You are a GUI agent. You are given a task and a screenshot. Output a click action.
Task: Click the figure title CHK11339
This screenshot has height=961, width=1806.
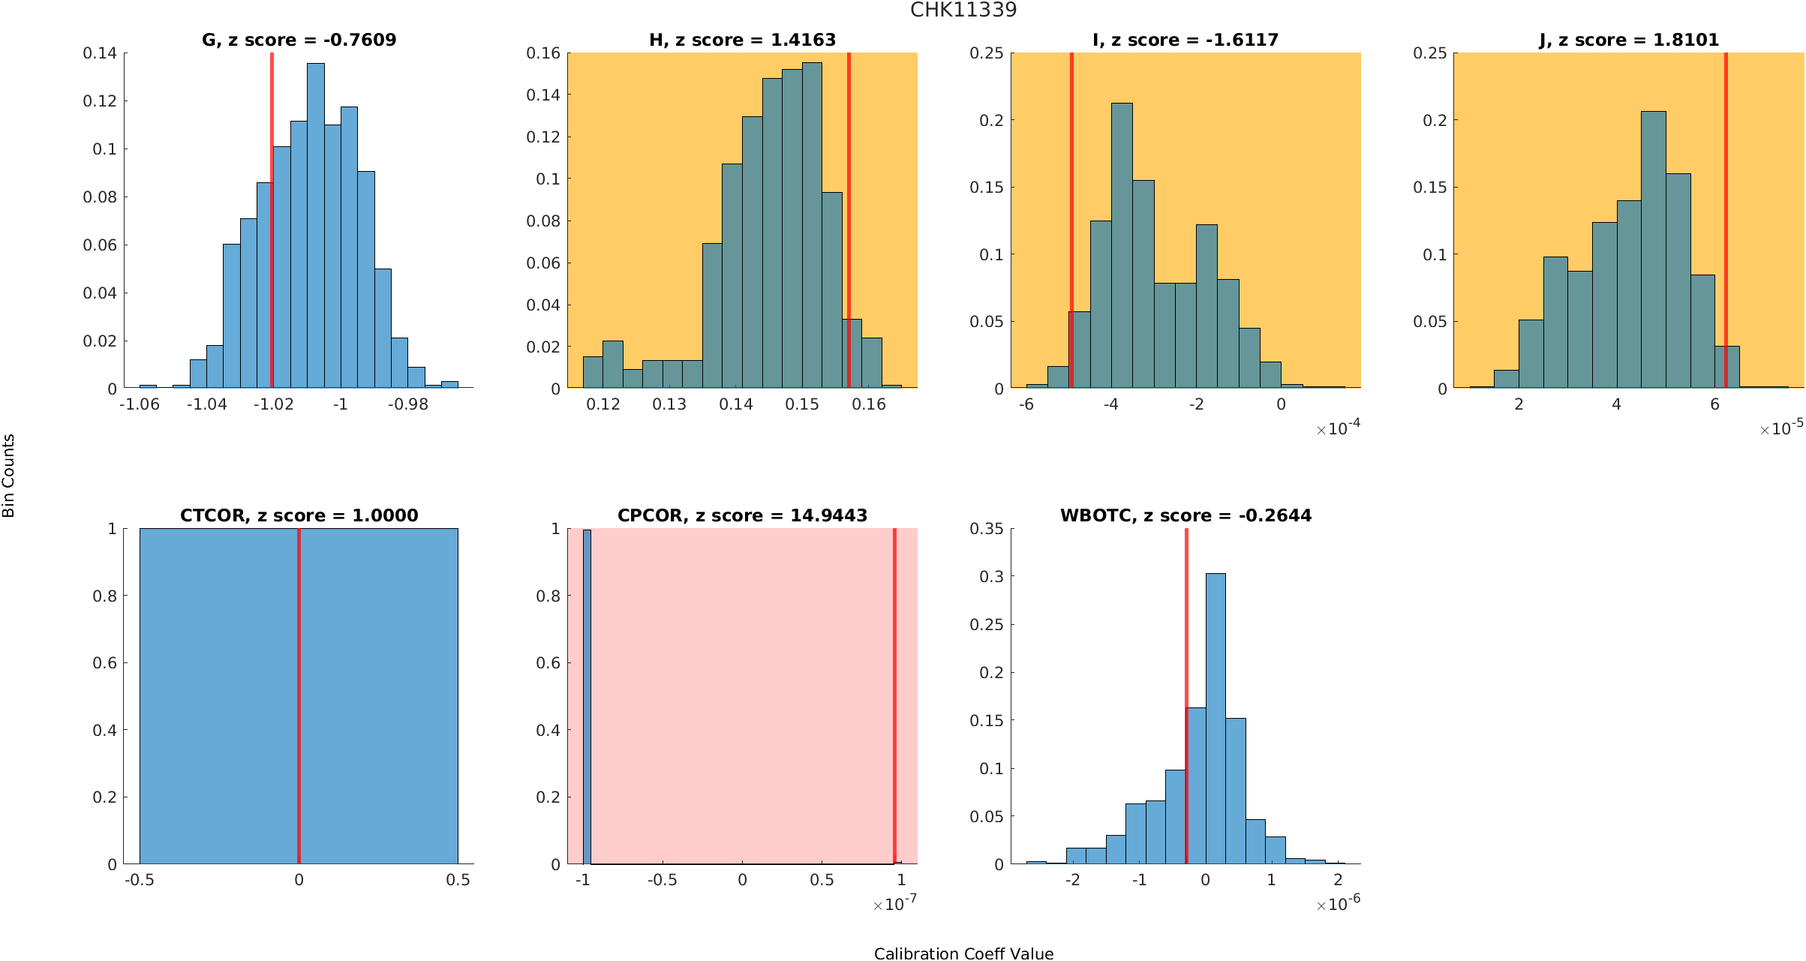tap(963, 10)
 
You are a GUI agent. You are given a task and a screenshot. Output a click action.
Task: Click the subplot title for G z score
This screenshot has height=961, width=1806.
tap(299, 40)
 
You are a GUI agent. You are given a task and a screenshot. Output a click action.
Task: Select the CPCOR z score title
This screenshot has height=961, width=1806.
tap(742, 515)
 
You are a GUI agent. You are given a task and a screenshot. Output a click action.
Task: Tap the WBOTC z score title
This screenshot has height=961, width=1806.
tap(1185, 515)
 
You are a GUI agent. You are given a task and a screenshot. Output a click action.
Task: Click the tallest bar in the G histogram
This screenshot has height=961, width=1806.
tap(316, 225)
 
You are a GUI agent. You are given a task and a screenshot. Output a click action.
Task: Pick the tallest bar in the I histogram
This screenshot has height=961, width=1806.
tap(1122, 248)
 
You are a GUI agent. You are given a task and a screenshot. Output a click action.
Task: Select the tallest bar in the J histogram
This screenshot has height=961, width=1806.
tap(1654, 251)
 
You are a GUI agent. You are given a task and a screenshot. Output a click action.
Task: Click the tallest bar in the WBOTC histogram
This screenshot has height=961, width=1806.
tap(1216, 720)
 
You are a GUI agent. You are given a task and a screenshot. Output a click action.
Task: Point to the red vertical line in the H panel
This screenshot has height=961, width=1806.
tap(849, 218)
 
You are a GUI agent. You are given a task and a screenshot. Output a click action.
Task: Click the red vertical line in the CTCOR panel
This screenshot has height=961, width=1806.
tap(299, 698)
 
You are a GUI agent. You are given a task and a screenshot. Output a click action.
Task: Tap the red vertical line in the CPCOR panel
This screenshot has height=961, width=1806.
tap(894, 698)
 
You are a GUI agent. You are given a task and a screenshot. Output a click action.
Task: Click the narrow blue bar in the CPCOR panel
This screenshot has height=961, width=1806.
tap(587, 698)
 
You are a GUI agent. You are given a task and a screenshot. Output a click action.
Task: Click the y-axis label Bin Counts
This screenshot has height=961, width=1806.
tap(9, 476)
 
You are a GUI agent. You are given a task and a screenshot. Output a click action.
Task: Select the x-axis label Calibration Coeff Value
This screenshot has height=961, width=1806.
tap(963, 953)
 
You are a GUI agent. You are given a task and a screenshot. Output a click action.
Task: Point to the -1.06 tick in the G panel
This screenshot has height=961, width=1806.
tap(140, 404)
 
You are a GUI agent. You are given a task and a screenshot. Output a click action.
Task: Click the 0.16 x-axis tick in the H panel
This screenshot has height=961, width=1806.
tap(869, 404)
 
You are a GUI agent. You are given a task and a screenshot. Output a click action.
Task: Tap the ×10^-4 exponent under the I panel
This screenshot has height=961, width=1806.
tap(1338, 428)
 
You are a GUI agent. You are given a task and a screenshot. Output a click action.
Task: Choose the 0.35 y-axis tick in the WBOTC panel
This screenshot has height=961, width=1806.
tap(986, 529)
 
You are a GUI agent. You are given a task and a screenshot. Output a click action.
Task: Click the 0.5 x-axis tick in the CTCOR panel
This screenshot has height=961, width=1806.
tap(458, 880)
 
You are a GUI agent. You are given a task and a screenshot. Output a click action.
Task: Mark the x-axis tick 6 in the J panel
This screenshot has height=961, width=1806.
tap(1714, 404)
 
